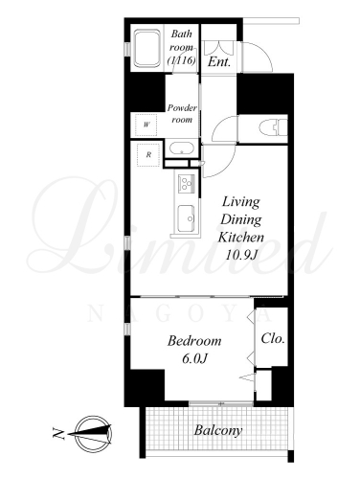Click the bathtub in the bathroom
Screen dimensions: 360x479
click(x=146, y=48)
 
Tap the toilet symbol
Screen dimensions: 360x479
click(x=273, y=127)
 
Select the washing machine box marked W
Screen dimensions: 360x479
click(x=146, y=125)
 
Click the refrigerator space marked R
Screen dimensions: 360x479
click(x=148, y=155)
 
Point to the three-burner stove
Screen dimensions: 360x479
click(x=186, y=184)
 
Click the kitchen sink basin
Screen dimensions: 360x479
click(x=187, y=218)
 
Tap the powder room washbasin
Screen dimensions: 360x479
click(x=182, y=148)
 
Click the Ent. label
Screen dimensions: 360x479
click(x=219, y=61)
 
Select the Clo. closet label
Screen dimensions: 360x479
click(x=273, y=338)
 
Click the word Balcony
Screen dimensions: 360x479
click(x=218, y=430)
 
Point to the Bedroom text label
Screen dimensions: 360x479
click(x=194, y=341)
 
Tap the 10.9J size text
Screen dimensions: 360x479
click(x=241, y=255)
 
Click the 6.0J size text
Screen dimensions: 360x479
click(x=195, y=358)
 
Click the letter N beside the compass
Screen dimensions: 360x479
click(x=58, y=433)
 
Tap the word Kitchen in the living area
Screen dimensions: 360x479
click(x=241, y=237)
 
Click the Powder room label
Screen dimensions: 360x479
click(x=182, y=114)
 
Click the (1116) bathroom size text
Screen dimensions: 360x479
click(x=182, y=60)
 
